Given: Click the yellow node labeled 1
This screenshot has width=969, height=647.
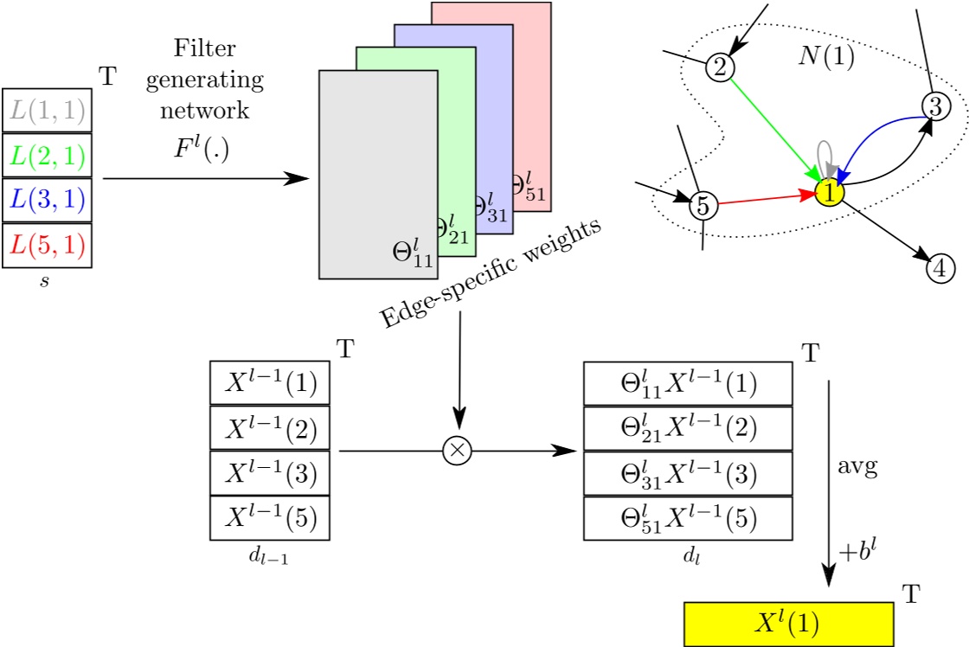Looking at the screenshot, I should click(829, 193).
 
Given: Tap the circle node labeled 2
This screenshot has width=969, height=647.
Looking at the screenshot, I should click(720, 65).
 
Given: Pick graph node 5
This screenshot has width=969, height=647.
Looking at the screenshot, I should click(703, 206).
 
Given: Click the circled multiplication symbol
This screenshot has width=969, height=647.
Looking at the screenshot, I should click(459, 451).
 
